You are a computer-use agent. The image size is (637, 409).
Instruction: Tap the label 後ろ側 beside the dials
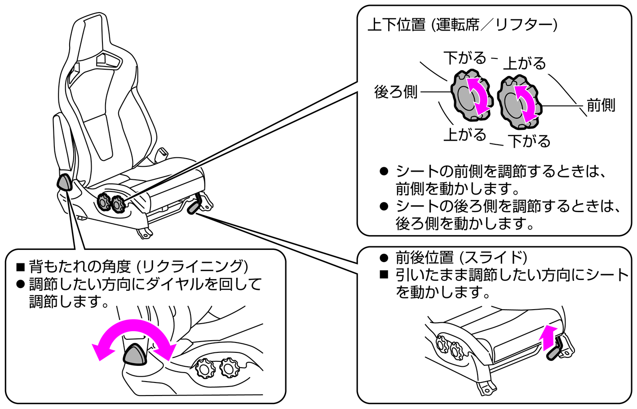tap(396, 92)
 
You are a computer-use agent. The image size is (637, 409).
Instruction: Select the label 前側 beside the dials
tap(601, 106)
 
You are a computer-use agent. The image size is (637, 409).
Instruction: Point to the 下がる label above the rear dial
tap(464, 58)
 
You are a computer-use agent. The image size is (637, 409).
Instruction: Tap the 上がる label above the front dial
tap(524, 63)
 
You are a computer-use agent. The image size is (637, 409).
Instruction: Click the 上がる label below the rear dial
tap(464, 134)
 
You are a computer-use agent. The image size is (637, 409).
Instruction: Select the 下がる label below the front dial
tap(529, 141)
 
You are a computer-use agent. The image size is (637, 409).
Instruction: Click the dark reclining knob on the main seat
tap(64, 182)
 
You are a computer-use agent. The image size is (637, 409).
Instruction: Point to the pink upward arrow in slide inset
tap(548, 337)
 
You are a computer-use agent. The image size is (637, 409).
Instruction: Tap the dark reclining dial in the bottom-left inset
tap(135, 354)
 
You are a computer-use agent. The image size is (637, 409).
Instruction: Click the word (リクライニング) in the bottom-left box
tap(193, 267)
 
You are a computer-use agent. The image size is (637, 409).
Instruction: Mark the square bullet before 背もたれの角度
tap(20, 267)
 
